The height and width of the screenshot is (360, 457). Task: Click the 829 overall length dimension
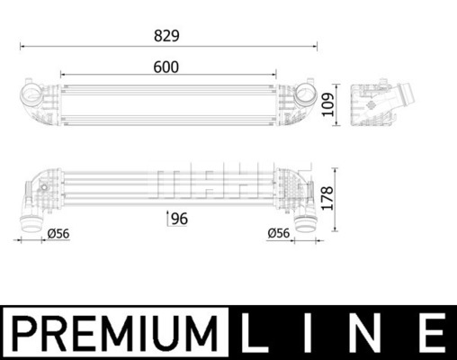coord(166,36)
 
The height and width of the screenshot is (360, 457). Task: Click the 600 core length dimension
coord(166,67)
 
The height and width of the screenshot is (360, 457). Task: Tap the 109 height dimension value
coord(327,104)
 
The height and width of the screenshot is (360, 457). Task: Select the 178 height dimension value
coord(327,198)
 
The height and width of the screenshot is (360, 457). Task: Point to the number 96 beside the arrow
coord(179,219)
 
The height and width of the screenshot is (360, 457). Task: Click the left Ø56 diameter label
coord(58,233)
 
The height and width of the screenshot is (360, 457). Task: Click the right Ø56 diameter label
coord(279,233)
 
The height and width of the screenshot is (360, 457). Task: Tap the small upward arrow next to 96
coord(167,218)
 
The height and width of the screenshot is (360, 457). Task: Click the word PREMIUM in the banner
coord(115,333)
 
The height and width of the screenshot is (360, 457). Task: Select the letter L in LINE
coord(254,333)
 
